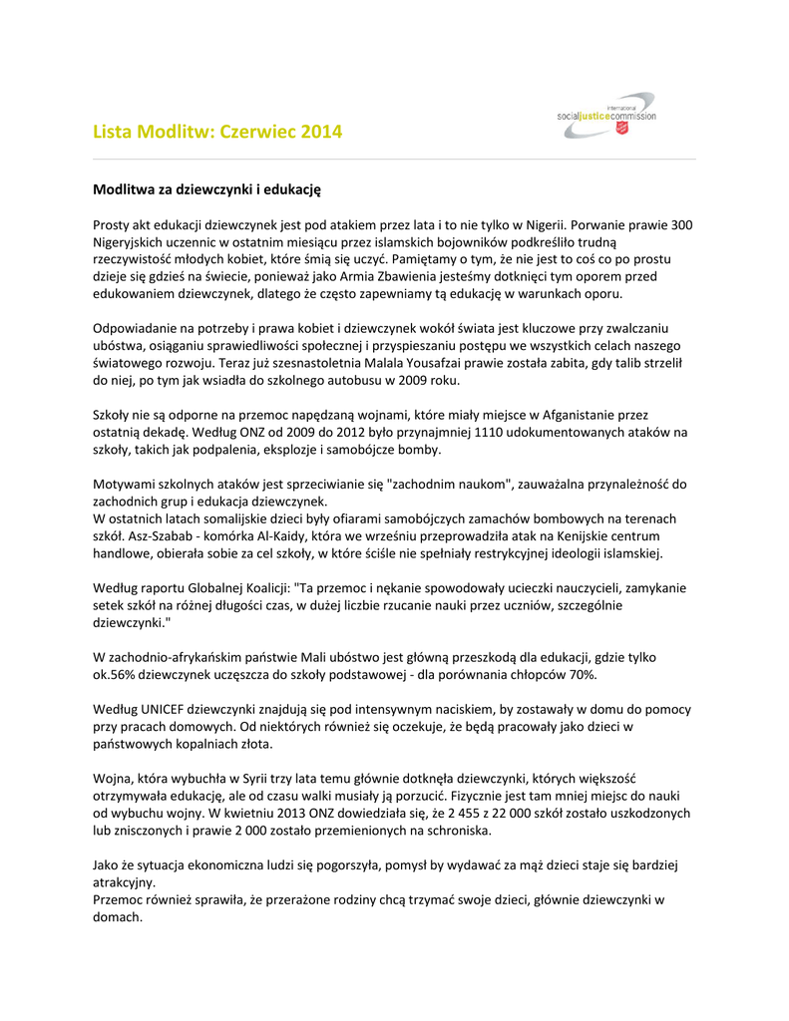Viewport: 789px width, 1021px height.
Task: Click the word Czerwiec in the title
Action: [256, 132]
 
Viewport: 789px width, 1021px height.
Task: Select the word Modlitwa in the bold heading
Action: [128, 188]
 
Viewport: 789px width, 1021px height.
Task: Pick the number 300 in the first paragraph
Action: [682, 225]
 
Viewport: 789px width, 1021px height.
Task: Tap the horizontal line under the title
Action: [394, 159]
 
